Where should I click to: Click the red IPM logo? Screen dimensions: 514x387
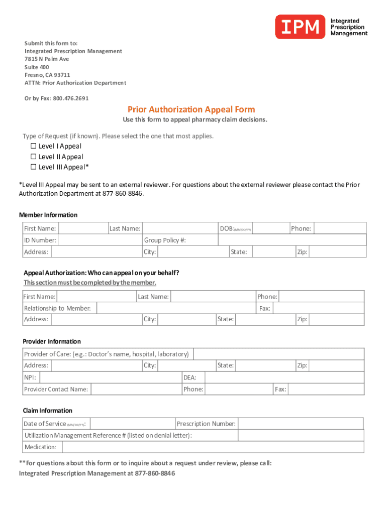(300, 27)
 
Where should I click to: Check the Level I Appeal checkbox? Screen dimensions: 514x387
(34, 146)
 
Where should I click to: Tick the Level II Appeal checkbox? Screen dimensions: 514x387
(34, 157)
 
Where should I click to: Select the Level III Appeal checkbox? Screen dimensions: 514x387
(34, 167)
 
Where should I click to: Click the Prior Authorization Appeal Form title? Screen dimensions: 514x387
(191, 109)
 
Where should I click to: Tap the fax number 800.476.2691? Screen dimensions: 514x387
(70, 98)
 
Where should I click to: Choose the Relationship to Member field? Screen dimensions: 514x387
(176, 308)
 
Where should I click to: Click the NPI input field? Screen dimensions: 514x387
(110, 377)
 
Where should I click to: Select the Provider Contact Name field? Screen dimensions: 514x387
(136, 389)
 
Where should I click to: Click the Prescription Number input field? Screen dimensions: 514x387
(301, 424)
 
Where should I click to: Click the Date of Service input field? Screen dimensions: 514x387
(133, 424)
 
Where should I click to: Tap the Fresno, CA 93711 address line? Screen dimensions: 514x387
(48, 75)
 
